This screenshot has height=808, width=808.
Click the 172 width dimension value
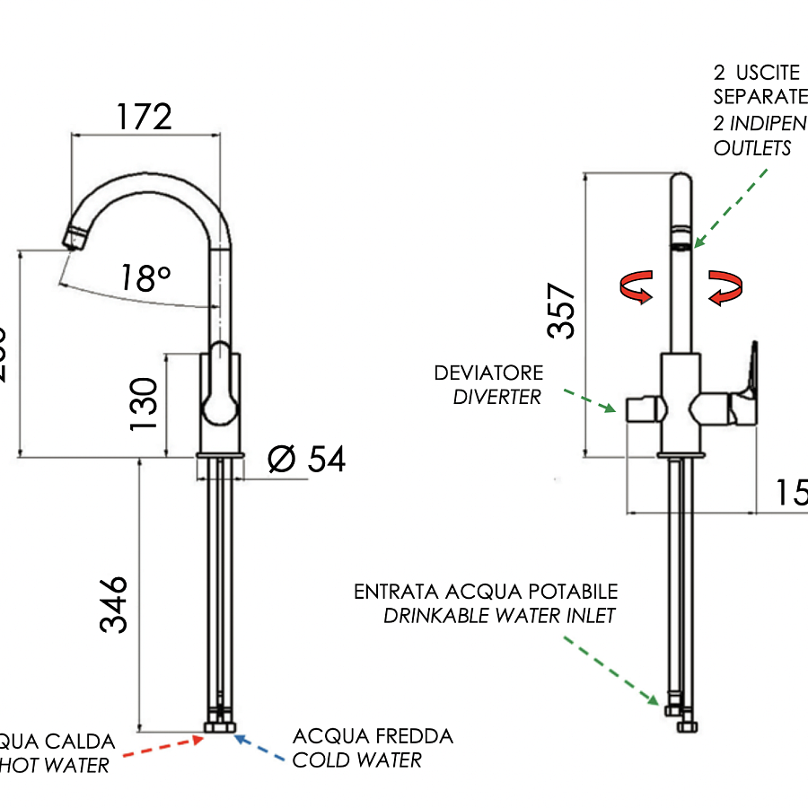[144, 117]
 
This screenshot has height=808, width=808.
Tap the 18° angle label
[145, 278]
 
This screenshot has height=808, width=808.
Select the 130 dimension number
[144, 403]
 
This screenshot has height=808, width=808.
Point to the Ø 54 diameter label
[306, 460]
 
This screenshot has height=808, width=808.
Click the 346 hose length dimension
[114, 604]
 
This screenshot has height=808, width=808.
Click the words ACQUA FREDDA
[373, 737]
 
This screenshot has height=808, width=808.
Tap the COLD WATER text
[356, 761]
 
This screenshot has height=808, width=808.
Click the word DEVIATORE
[488, 373]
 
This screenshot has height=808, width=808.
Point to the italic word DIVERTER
[497, 397]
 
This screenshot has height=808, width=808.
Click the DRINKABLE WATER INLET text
[500, 616]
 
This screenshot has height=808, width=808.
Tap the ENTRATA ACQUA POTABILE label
[486, 592]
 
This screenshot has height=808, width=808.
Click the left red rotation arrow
[637, 288]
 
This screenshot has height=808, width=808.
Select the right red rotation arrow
[725, 287]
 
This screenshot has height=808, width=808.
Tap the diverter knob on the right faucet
[645, 411]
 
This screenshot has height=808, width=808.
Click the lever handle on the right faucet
[748, 377]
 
